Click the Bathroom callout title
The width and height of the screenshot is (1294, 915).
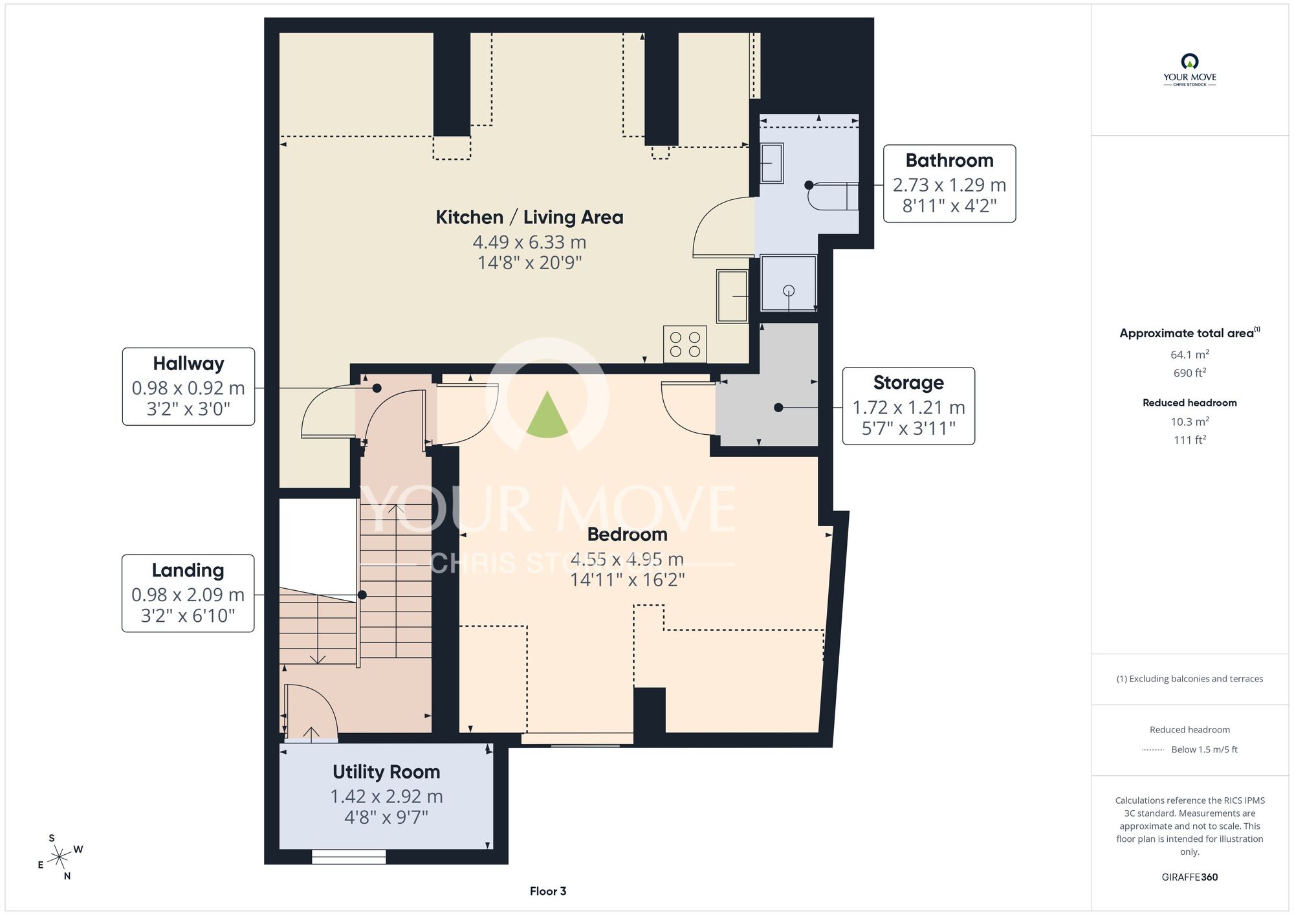point(949,160)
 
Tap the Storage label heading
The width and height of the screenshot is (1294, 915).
point(908,383)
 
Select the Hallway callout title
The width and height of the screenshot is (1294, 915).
point(188,364)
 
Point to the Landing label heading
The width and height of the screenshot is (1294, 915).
point(188,570)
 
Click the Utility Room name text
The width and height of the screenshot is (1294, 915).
point(386,772)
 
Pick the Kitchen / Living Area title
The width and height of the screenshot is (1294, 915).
point(529,217)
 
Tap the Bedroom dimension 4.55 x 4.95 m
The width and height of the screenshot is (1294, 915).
point(627,559)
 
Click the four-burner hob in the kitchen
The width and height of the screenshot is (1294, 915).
point(685,344)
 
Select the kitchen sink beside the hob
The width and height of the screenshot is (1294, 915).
point(732,296)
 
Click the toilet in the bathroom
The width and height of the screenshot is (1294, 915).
point(833,196)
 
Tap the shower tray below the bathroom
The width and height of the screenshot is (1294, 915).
point(789,283)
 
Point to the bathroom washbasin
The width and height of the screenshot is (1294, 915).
point(771,163)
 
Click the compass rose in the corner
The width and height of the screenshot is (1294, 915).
point(60,858)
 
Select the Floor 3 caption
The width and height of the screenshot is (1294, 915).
point(548,892)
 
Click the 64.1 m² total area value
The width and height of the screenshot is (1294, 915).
point(1190,354)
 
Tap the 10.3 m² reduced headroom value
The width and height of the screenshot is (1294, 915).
point(1190,421)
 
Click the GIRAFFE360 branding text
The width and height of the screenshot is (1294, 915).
point(1190,877)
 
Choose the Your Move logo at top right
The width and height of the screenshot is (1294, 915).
point(1190,70)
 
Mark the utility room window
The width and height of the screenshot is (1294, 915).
point(349,857)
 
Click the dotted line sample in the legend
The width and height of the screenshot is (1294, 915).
point(1153,750)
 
